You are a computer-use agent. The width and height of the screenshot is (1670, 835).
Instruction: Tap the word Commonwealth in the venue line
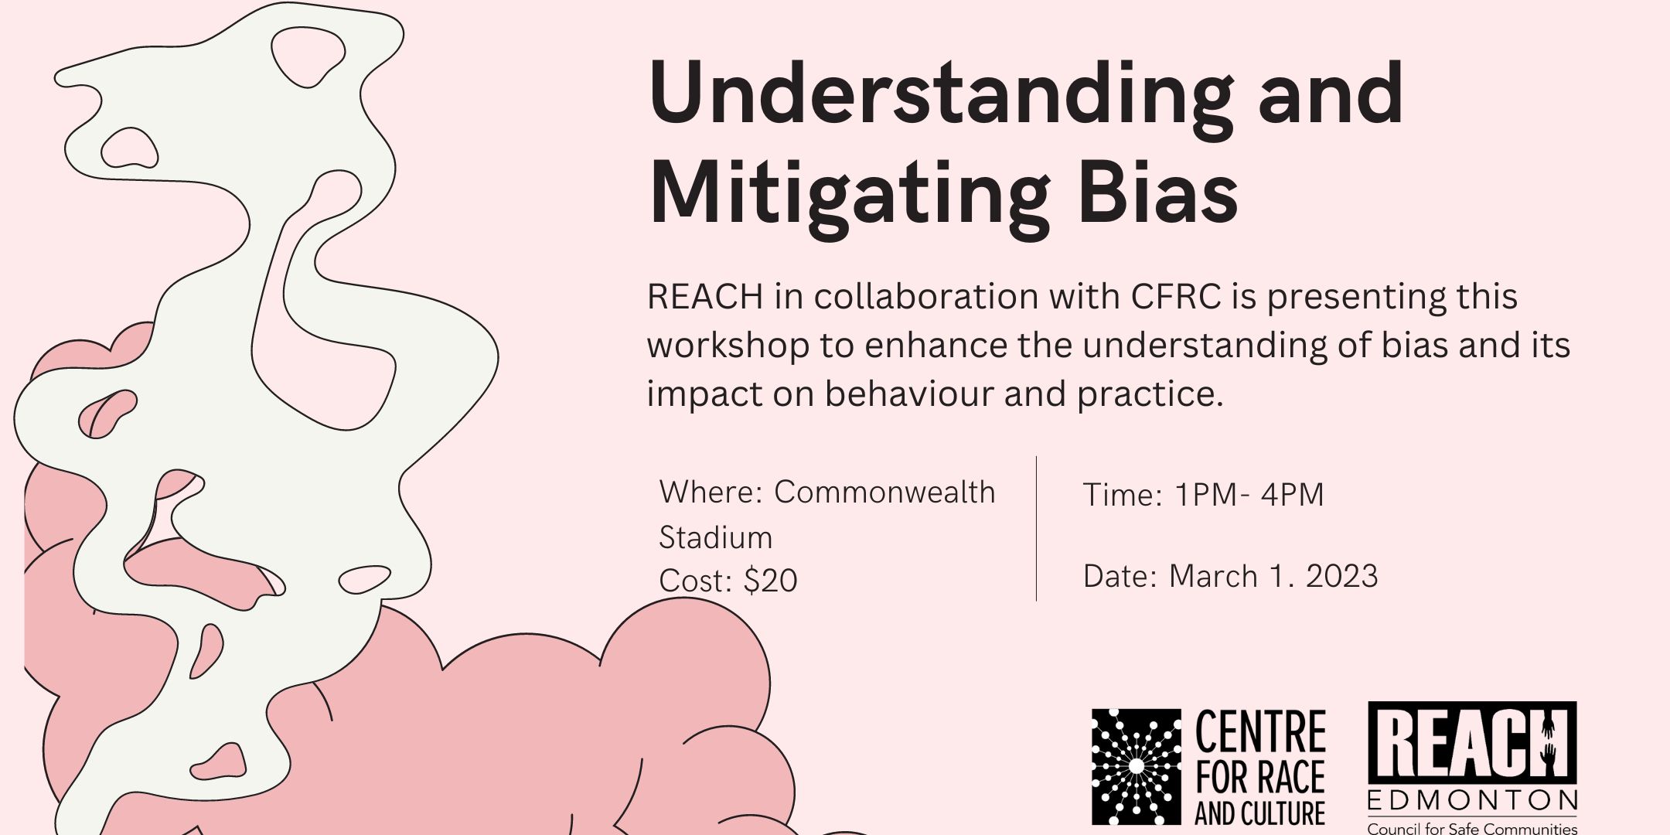click(x=884, y=492)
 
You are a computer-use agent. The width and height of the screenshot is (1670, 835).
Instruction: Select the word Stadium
click(x=715, y=537)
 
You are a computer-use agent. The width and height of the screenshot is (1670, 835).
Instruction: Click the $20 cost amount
click(x=770, y=581)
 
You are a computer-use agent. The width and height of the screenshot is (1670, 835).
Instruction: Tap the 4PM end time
click(x=1292, y=495)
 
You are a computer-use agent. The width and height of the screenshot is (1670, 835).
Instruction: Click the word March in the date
click(x=1213, y=577)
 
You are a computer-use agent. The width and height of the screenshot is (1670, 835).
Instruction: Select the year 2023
click(x=1341, y=577)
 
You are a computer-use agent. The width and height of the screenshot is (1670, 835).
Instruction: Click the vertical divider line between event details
click(x=1036, y=529)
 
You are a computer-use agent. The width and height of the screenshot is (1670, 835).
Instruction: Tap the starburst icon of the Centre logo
click(x=1136, y=766)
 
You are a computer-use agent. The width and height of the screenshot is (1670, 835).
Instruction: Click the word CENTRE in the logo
click(x=1260, y=732)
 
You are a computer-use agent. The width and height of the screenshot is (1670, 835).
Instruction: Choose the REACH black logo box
click(x=1472, y=743)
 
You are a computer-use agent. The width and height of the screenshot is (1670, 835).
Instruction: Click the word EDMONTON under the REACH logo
click(x=1472, y=800)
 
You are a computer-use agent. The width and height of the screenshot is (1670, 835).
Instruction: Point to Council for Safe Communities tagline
click(x=1472, y=828)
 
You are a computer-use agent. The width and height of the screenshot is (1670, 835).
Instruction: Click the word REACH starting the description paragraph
click(x=704, y=297)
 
